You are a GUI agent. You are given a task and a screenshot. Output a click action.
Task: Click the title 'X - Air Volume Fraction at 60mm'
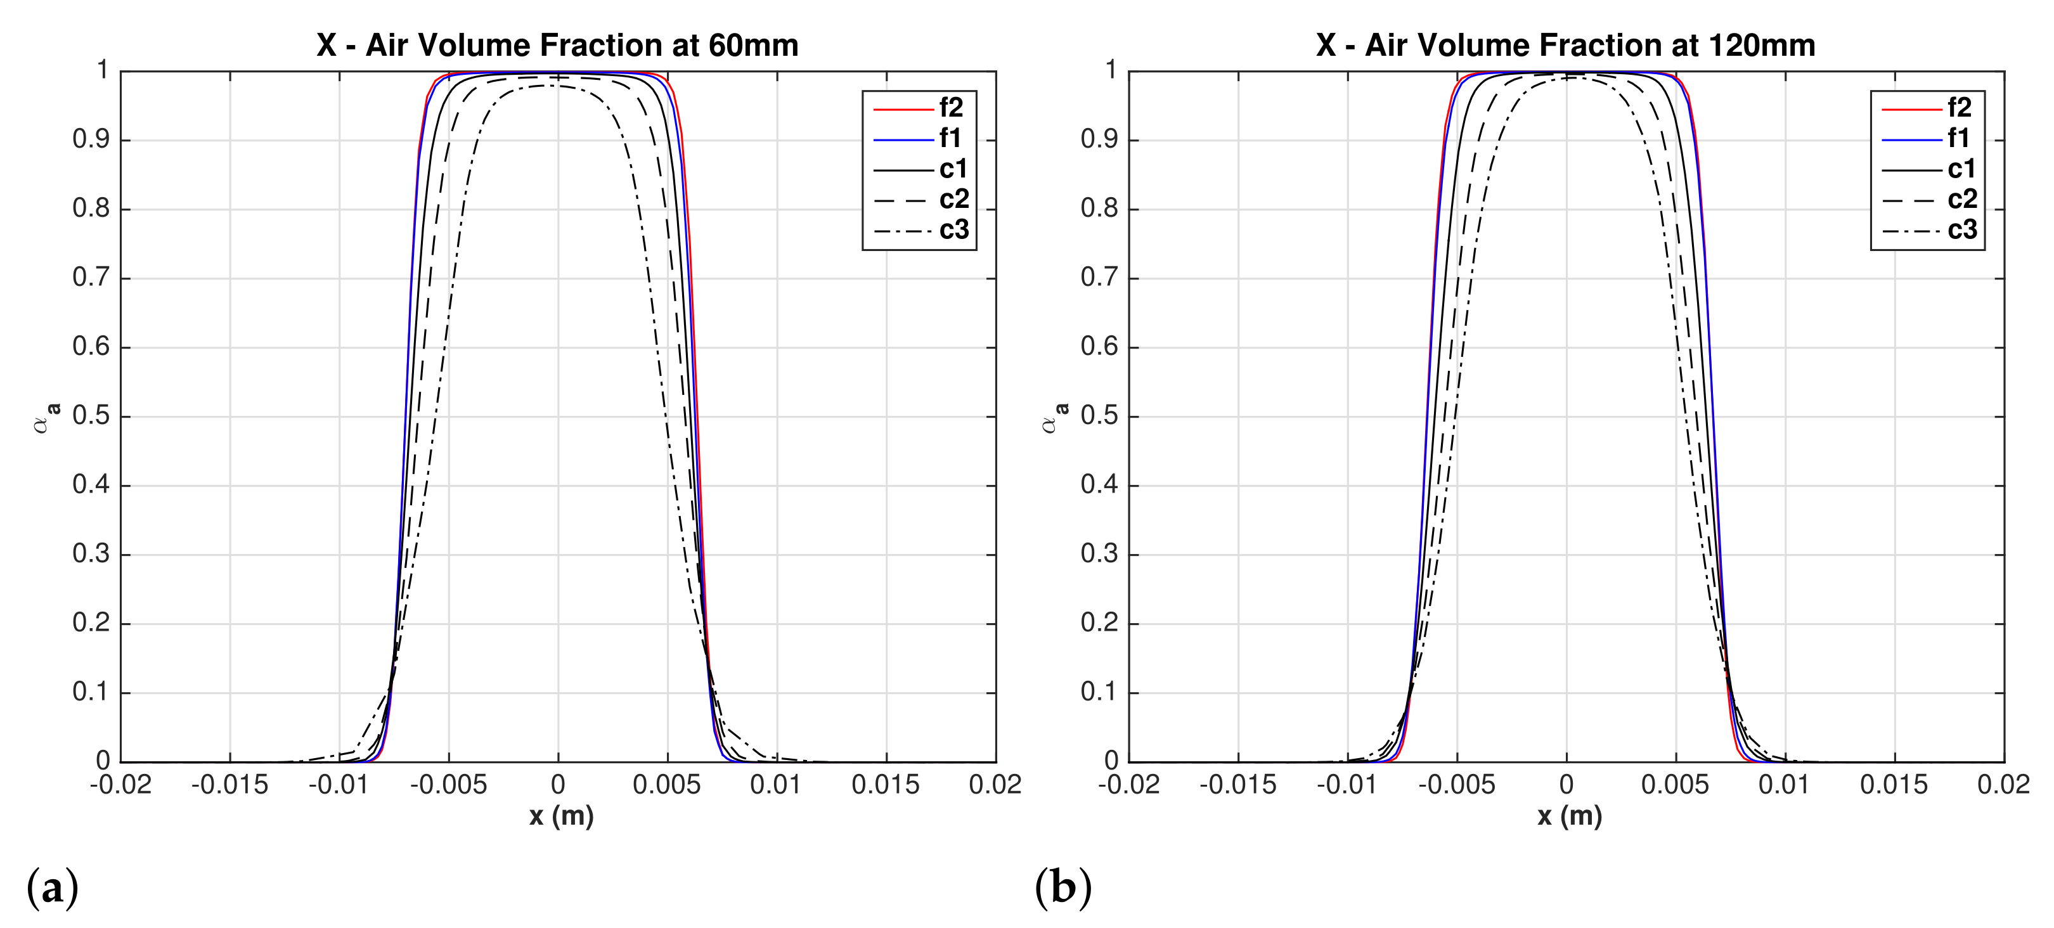tap(557, 46)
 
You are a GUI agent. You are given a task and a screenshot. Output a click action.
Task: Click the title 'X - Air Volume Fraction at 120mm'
tap(1565, 46)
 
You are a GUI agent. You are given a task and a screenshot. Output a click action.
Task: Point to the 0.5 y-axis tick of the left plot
tap(91, 416)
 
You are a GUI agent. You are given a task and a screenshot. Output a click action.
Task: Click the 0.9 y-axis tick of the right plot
tap(1099, 139)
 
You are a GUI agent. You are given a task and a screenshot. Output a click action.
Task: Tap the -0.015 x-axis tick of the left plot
tap(229, 785)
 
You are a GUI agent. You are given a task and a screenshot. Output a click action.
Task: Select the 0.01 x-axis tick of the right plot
tap(1784, 785)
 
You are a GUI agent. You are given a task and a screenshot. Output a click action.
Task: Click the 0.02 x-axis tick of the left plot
tap(994, 785)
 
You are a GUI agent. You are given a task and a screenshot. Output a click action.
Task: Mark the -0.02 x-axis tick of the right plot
tap(1128, 785)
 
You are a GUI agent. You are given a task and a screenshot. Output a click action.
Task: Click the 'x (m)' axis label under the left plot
tap(561, 816)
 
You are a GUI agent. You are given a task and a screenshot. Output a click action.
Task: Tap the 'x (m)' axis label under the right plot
tap(1569, 816)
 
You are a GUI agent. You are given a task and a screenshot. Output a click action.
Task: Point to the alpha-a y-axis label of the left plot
tap(46, 417)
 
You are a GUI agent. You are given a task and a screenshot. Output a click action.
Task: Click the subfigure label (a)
tap(52, 887)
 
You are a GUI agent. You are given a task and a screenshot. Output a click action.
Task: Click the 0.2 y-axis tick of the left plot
tap(91, 624)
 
